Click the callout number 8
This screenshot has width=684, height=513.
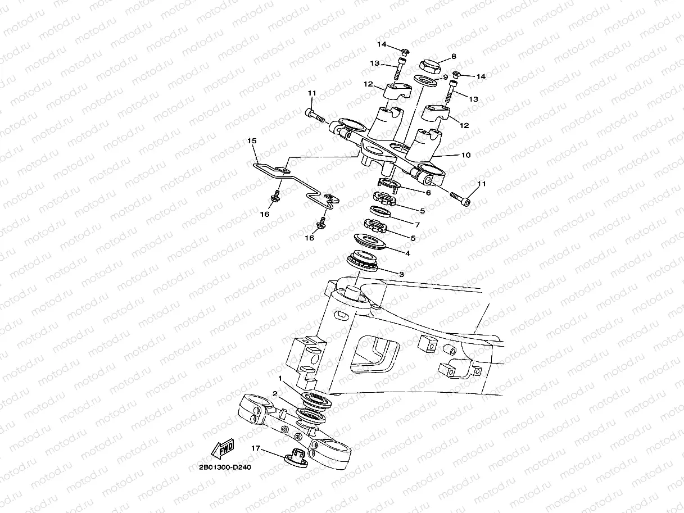coord(454,56)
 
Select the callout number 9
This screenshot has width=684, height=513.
coord(445,77)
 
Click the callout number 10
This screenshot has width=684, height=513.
coord(465,155)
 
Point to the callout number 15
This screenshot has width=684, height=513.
coord(252,141)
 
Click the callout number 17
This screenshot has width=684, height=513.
coord(256,448)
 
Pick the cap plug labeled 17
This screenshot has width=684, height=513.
coord(296,458)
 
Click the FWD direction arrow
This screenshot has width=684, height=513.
coord(223,449)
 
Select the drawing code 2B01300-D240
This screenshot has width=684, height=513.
coord(225,467)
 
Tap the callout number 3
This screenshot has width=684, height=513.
coord(401,274)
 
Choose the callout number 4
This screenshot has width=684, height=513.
coord(407,253)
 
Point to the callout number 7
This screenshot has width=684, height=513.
coord(418,225)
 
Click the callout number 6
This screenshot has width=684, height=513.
coord(428,193)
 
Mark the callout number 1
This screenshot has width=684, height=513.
coord(280,378)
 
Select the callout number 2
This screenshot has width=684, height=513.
coord(274,394)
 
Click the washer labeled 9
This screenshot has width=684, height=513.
coord(425,80)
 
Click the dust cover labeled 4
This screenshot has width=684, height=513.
coord(370,241)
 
